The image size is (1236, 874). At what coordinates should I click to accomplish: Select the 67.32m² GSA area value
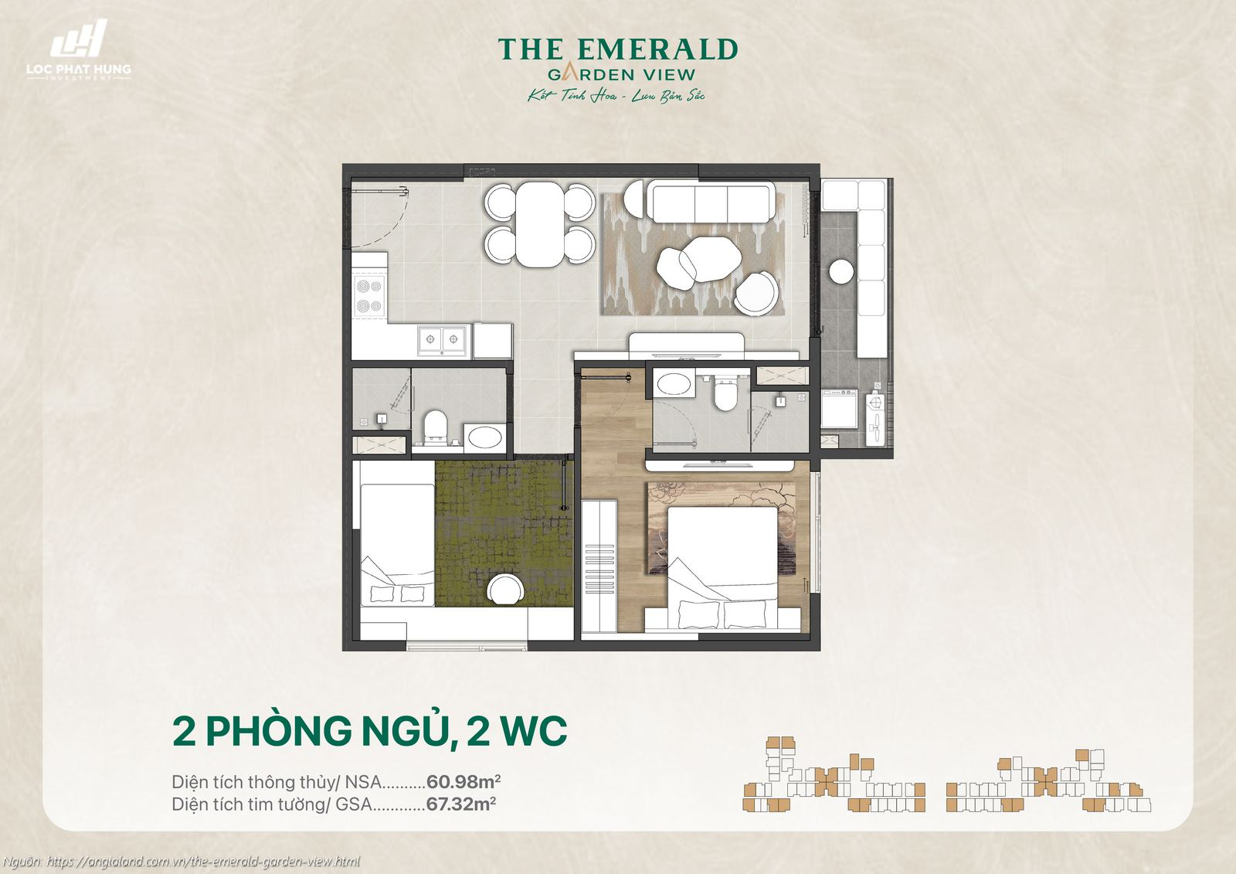pos(460,804)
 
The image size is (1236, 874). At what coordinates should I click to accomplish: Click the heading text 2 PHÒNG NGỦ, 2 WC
pos(370,731)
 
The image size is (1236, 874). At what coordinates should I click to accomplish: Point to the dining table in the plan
pos(540,223)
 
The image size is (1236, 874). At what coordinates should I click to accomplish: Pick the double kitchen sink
pos(443,340)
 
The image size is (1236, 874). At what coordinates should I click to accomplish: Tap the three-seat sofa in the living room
pos(710,202)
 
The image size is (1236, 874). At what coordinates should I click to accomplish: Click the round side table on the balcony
pos(841,271)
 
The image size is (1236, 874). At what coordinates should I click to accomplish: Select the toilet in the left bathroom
pos(436,427)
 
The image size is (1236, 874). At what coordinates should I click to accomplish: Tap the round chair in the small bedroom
pos(506,590)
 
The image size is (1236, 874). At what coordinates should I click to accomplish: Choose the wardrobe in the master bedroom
pos(599,566)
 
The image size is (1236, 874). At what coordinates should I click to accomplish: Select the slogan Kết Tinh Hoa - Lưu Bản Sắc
pos(616,97)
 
